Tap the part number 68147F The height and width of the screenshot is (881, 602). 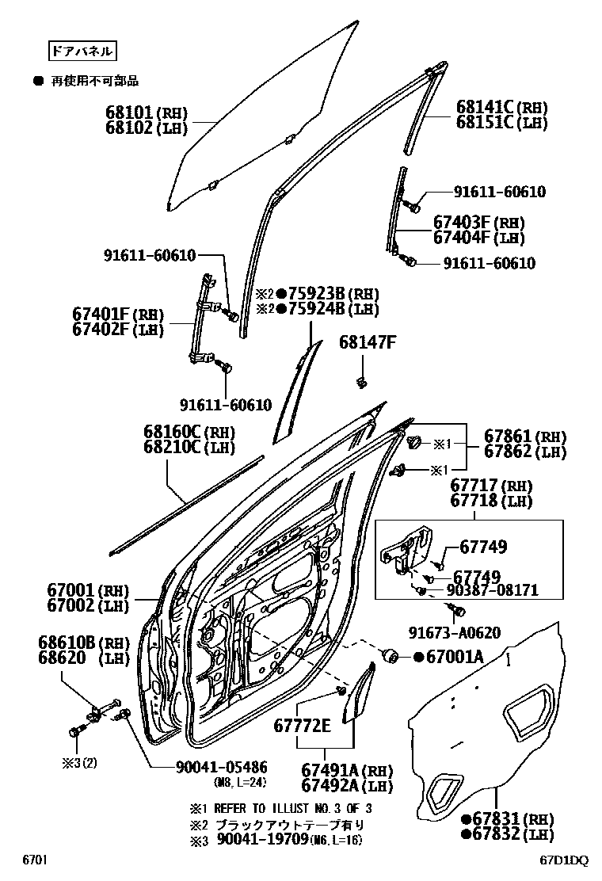[x=367, y=342]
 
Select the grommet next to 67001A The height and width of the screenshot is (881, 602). [x=390, y=656]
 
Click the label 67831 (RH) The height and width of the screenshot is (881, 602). [x=497, y=818]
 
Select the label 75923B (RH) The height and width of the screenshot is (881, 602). [x=312, y=293]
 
